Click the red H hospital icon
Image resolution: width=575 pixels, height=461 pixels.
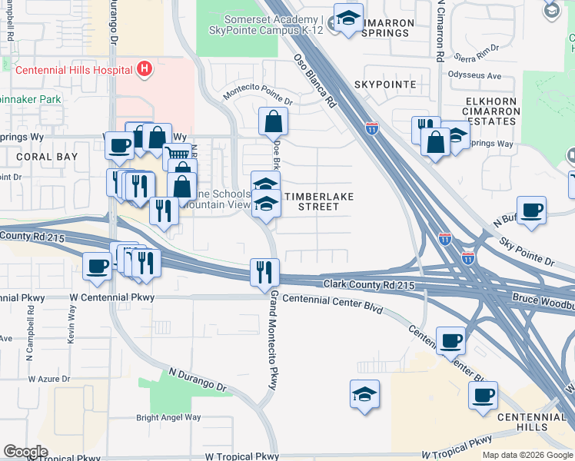coord(144,70)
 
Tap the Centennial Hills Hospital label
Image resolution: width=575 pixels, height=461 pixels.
coord(74,70)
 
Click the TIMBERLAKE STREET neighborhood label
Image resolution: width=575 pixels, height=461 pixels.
coord(318,201)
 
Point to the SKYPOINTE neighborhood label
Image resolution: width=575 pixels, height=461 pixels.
coord(385,84)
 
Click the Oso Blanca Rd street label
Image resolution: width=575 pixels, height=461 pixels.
coord(315,81)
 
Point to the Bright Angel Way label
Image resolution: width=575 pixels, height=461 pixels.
coord(168,418)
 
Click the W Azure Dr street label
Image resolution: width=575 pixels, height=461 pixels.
coord(49,379)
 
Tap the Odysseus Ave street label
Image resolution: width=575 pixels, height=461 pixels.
coord(474,76)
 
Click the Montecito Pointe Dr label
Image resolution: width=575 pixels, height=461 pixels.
coord(258,96)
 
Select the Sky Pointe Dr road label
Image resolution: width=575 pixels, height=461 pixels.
coord(527,251)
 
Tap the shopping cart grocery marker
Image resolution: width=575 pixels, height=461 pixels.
coord(178,155)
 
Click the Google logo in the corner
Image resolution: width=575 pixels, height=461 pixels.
coord(25,452)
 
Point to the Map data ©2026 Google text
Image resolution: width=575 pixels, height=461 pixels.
coord(527,455)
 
